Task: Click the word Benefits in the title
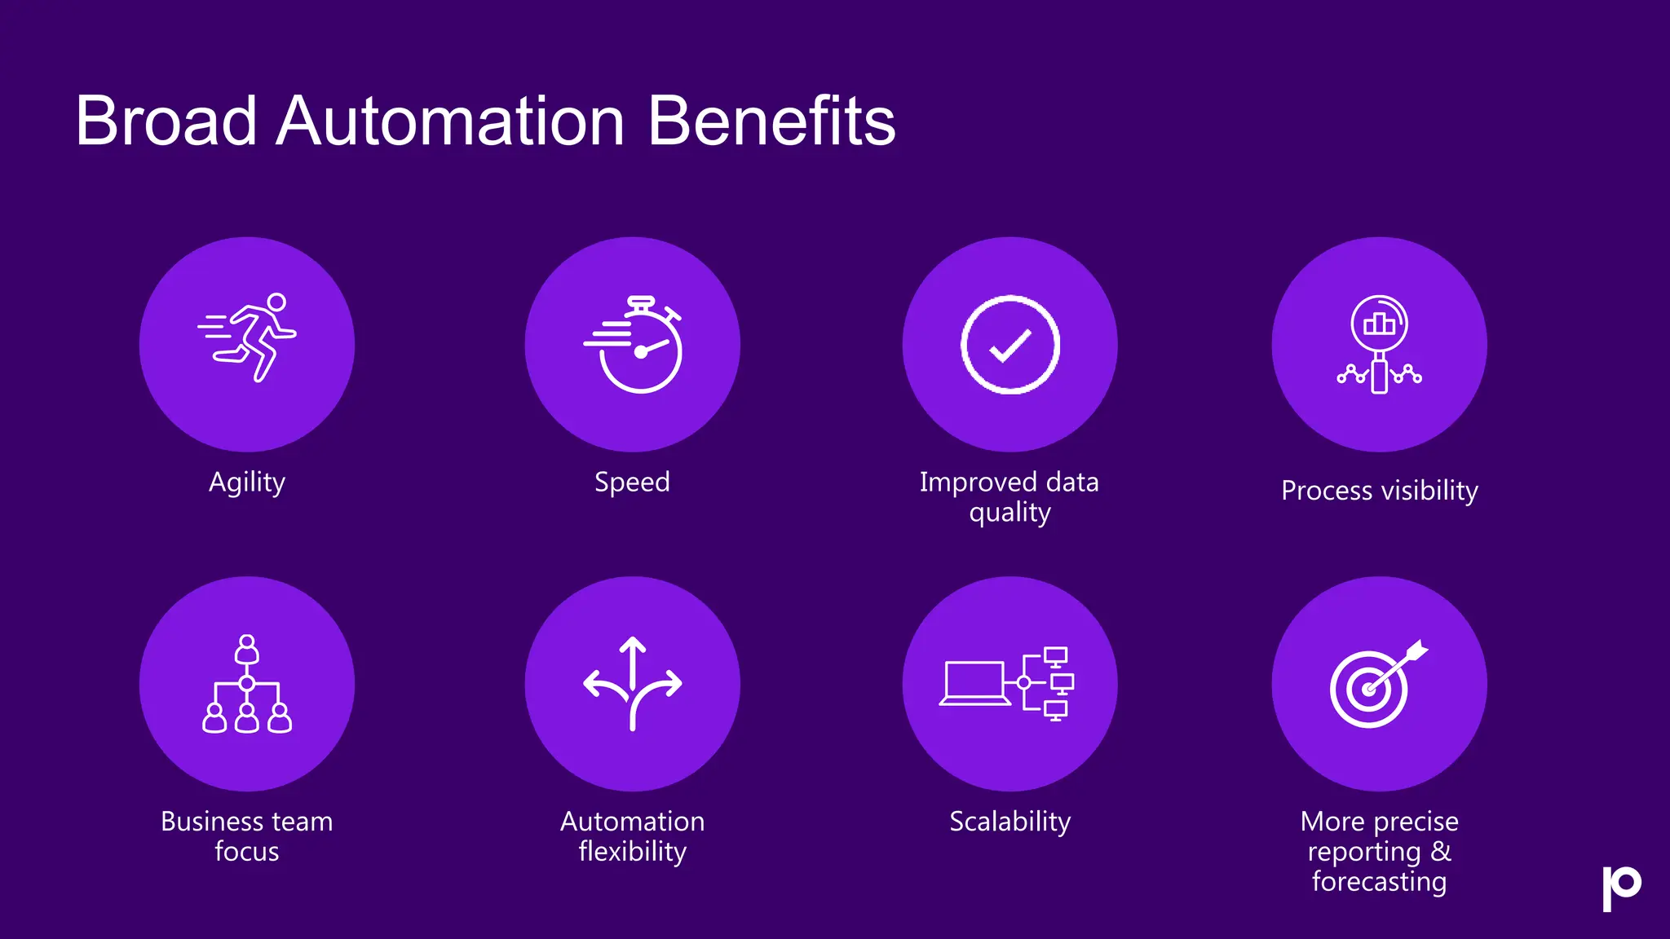[771, 121]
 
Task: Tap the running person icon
[248, 337]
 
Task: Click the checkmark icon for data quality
[1010, 345]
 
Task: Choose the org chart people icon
[247, 684]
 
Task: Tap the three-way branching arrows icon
[633, 683]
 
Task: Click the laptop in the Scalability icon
[974, 683]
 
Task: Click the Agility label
[247, 483]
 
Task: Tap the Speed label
[632, 483]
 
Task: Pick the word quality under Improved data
[1010, 514]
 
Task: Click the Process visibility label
[1379, 491]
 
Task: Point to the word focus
[246, 852]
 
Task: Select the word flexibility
[632, 852]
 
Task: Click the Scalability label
[1010, 822]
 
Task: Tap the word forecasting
[1379, 882]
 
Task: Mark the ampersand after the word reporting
[1441, 852]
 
